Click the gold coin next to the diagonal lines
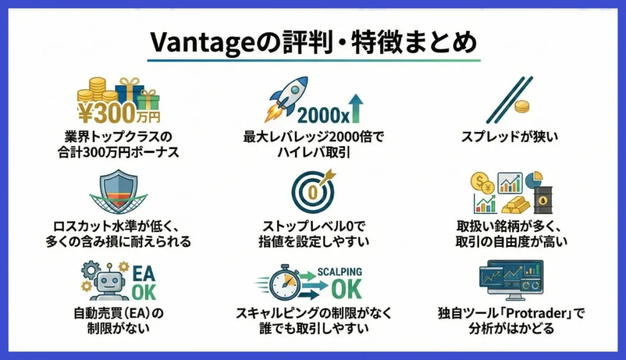[522, 107]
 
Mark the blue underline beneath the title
[313, 60]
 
